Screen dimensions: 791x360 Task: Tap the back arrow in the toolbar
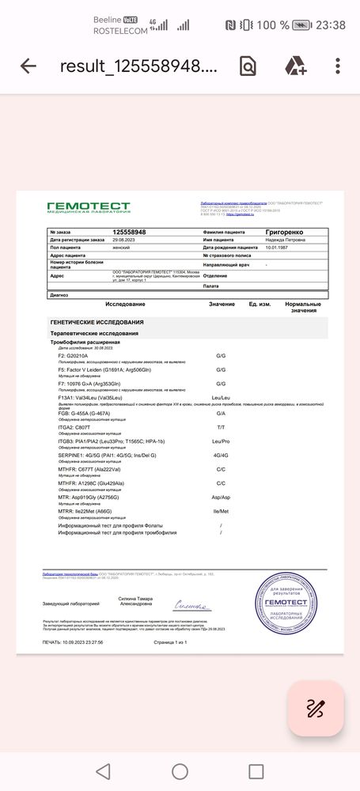[x=28, y=66]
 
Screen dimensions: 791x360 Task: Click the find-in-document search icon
[x=248, y=66]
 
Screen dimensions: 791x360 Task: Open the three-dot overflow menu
[x=339, y=66]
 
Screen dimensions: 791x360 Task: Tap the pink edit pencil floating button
[x=315, y=708]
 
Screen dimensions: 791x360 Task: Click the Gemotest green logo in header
[x=88, y=207]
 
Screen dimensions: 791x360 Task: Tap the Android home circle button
[x=180, y=771]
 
